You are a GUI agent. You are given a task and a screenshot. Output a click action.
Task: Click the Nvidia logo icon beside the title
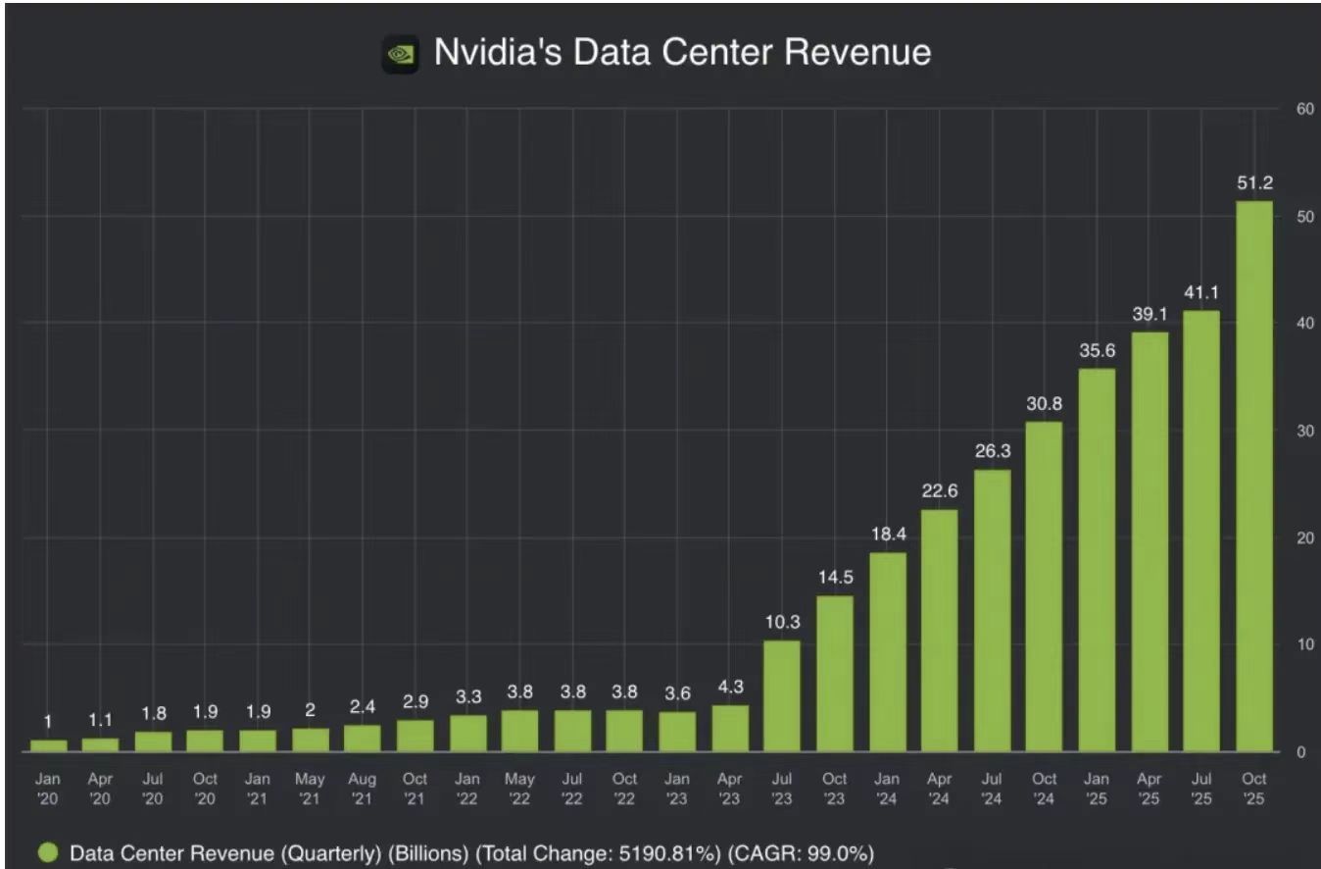400,54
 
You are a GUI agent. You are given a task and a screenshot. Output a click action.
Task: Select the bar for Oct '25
1253,476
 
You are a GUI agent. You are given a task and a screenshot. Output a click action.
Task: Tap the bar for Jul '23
782,695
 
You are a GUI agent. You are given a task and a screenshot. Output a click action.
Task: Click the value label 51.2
1253,183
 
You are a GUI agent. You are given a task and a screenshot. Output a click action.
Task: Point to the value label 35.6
1097,350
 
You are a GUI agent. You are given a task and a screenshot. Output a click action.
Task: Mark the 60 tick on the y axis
1303,109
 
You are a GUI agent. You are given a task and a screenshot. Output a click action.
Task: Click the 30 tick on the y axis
1303,431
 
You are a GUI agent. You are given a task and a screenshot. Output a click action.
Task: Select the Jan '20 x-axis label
48,789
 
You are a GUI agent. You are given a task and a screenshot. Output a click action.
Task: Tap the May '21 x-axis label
310,789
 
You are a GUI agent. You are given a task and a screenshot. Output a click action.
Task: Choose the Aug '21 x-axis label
362,789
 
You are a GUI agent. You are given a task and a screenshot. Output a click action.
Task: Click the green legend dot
48,853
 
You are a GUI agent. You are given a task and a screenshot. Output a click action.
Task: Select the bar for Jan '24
887,651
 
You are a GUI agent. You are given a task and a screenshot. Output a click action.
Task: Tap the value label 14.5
835,578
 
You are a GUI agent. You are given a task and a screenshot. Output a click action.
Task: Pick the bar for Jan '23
677,731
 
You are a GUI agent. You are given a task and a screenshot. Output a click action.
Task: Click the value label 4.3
730,688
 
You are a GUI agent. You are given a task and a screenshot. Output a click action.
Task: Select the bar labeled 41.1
1201,531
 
